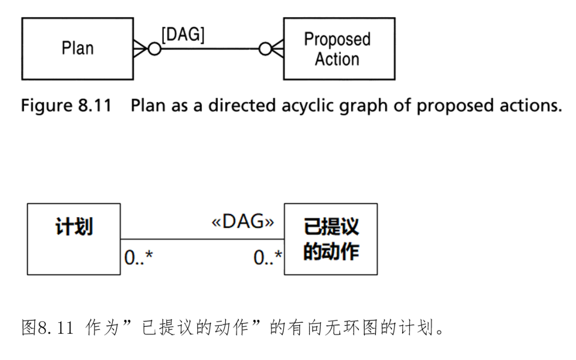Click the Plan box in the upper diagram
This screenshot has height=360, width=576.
[77, 49]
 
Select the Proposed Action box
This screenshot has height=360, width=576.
[339, 49]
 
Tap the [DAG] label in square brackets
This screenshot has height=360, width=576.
[183, 35]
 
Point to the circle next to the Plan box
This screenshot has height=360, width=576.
[155, 49]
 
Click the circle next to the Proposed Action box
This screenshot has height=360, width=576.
[265, 49]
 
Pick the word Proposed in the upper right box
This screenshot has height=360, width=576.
[337, 39]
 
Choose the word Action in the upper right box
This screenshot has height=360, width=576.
[337, 59]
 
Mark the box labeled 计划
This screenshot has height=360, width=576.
[74, 238]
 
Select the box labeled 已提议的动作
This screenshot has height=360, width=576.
[331, 238]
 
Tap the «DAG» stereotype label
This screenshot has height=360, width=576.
[243, 222]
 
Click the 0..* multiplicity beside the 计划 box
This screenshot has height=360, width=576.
[138, 258]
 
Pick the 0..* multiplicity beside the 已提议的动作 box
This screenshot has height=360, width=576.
[268, 258]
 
